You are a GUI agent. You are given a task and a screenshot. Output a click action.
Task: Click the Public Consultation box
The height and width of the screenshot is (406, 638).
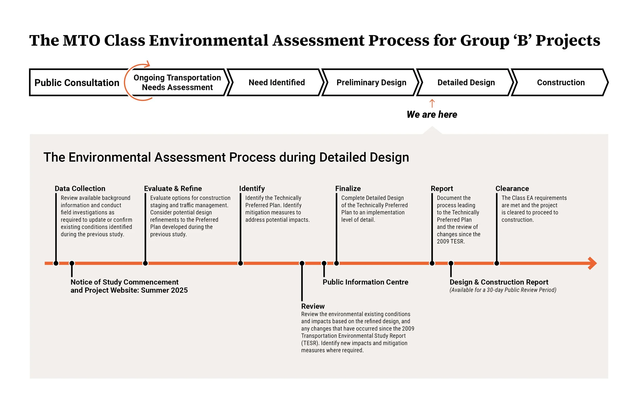click(x=77, y=82)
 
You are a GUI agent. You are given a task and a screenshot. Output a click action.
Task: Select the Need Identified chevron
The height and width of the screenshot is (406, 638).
click(x=276, y=82)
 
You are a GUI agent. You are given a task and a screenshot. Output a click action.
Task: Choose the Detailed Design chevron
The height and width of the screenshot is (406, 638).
click(x=466, y=82)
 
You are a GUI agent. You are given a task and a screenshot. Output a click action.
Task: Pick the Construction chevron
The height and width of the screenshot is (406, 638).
click(x=560, y=82)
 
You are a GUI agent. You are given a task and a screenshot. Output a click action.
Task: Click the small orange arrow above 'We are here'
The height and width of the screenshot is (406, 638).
click(x=432, y=103)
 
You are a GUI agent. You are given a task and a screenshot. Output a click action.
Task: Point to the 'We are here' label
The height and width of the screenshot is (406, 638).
click(x=432, y=115)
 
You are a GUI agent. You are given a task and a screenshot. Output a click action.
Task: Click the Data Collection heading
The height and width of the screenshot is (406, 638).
click(x=80, y=188)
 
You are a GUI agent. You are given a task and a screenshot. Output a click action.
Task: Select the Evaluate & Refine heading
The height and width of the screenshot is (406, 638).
click(x=173, y=188)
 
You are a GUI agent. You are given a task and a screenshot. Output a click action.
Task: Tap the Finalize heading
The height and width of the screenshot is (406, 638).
click(x=348, y=188)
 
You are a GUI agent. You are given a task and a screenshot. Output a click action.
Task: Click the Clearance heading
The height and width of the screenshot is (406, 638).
click(x=512, y=188)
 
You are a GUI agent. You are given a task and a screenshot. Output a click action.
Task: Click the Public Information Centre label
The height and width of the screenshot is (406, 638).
click(x=365, y=282)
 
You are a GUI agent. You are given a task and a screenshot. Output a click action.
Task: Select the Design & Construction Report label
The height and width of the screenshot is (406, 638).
click(x=499, y=282)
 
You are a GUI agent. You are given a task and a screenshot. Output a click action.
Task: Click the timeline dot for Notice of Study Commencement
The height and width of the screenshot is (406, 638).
click(x=72, y=263)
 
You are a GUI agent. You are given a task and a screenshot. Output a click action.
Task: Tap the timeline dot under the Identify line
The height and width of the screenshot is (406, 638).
click(x=240, y=263)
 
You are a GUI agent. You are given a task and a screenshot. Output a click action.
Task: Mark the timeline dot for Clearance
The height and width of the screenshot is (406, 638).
click(x=497, y=263)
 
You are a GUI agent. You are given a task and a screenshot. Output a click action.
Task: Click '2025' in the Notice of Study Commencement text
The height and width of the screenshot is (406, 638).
click(x=179, y=290)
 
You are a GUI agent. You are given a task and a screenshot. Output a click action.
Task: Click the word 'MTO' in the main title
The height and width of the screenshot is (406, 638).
click(x=81, y=40)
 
